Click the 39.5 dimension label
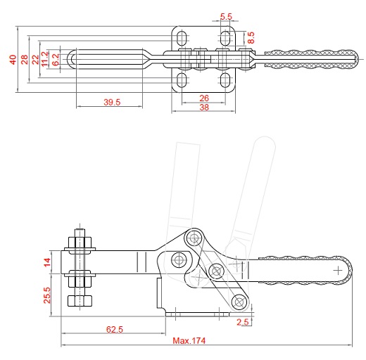(112, 102)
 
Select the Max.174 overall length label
(189, 340)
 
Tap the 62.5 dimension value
(115, 329)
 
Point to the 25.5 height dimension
(47, 295)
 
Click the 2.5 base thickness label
(243, 322)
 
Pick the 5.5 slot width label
(226, 17)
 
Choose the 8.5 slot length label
(251, 38)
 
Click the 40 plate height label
(13, 60)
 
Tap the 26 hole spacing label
(204, 98)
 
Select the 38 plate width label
(204, 108)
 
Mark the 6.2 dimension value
(56, 60)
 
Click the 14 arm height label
(47, 262)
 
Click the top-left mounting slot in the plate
(182, 37)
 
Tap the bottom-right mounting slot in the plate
(225, 80)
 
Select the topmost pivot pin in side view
(194, 238)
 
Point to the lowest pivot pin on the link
(239, 302)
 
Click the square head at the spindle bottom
(80, 301)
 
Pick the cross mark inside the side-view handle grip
(338, 271)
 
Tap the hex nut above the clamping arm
(80, 243)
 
